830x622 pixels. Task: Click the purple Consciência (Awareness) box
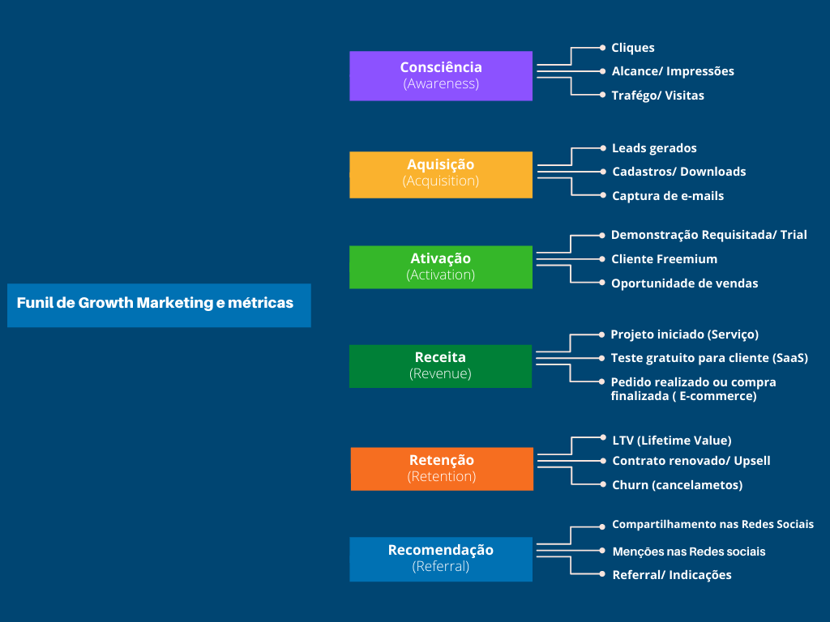(441, 75)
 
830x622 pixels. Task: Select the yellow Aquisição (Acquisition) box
(441, 174)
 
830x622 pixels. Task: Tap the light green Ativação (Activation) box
(441, 266)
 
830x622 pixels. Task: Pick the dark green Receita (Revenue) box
(441, 366)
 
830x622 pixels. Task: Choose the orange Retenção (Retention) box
(442, 468)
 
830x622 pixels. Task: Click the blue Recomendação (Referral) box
(441, 559)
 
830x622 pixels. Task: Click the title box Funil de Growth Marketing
(159, 305)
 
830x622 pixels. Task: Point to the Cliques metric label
(633, 48)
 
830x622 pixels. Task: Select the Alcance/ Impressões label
(673, 71)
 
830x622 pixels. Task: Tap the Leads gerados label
(654, 148)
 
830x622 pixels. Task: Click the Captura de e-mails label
(668, 196)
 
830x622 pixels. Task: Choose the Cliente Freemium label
(664, 259)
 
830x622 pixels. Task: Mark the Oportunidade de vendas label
(684, 283)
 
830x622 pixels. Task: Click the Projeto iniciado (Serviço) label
(684, 334)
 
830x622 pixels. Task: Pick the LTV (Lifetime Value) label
(672, 441)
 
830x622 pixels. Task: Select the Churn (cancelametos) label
(677, 485)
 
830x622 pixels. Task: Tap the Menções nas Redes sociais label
(688, 552)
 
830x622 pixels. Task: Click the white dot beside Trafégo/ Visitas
(603, 95)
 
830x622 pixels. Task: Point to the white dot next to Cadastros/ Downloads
(603, 171)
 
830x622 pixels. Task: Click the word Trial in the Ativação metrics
(794, 235)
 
